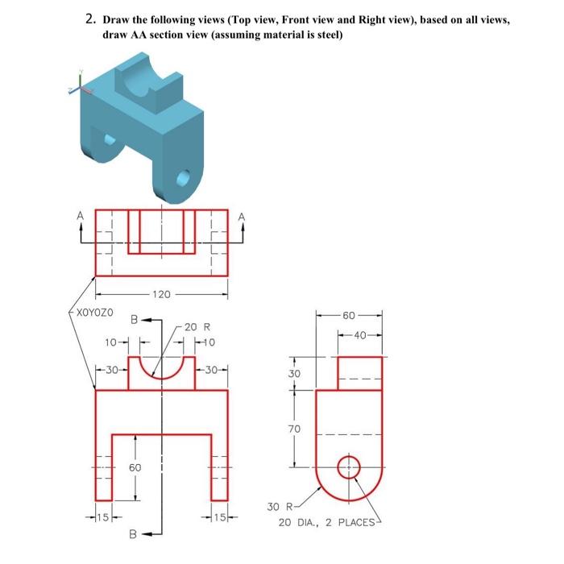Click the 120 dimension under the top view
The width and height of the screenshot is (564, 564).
(160, 295)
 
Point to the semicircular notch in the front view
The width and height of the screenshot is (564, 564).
(161, 369)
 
